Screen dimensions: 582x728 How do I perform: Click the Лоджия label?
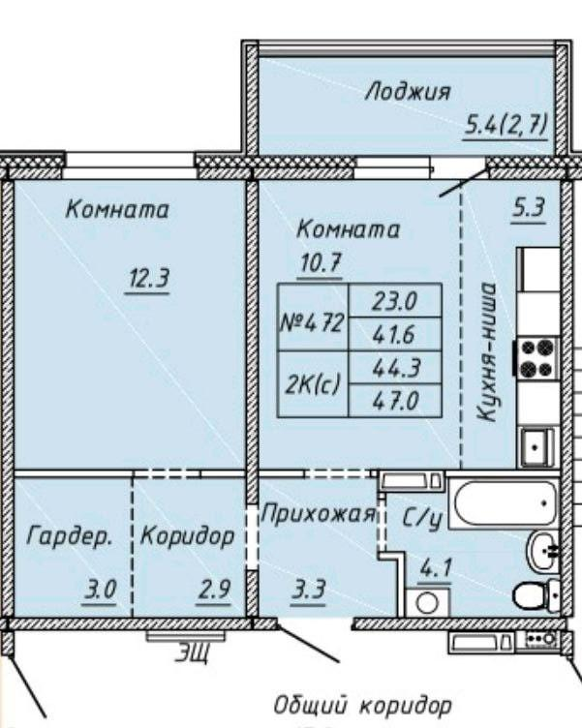click(408, 91)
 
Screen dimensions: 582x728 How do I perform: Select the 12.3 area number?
click(148, 279)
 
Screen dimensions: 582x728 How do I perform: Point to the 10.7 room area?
click(320, 263)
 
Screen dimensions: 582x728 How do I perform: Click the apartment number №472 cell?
click(313, 318)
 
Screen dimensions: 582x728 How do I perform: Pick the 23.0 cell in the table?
click(395, 300)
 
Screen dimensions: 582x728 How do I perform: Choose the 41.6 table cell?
click(395, 334)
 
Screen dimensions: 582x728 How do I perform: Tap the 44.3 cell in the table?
click(395, 367)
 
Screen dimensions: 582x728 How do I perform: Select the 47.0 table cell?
click(395, 400)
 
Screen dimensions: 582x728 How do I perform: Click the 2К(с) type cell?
click(313, 384)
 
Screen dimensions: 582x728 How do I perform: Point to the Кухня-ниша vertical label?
click(486, 351)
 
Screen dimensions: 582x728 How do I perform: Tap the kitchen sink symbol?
click(537, 448)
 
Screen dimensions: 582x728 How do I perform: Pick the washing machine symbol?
click(427, 603)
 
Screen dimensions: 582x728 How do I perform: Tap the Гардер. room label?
click(70, 536)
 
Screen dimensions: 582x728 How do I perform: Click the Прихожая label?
click(319, 514)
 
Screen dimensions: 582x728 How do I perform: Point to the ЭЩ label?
click(192, 653)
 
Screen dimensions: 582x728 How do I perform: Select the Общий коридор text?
click(362, 705)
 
